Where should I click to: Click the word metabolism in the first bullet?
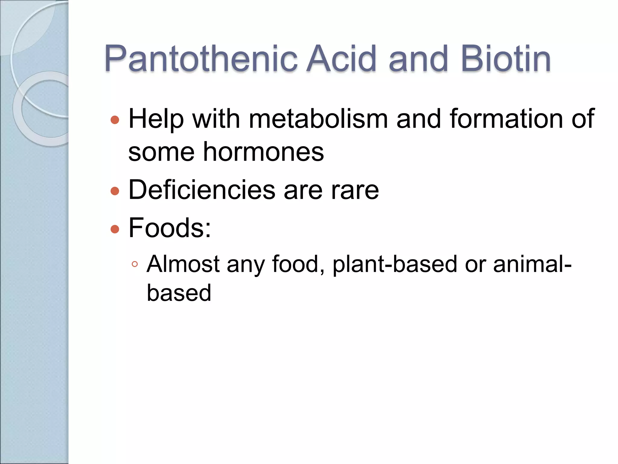coord(318,119)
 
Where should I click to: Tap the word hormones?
coord(263,152)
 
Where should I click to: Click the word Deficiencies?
coord(202,190)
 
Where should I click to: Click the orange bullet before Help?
coord(115,120)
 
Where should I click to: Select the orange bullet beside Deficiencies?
coord(115,191)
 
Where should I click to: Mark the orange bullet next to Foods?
coord(115,229)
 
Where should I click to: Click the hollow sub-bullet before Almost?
coord(135,265)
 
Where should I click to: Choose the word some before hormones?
coord(161,152)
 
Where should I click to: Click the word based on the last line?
coord(179,293)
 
